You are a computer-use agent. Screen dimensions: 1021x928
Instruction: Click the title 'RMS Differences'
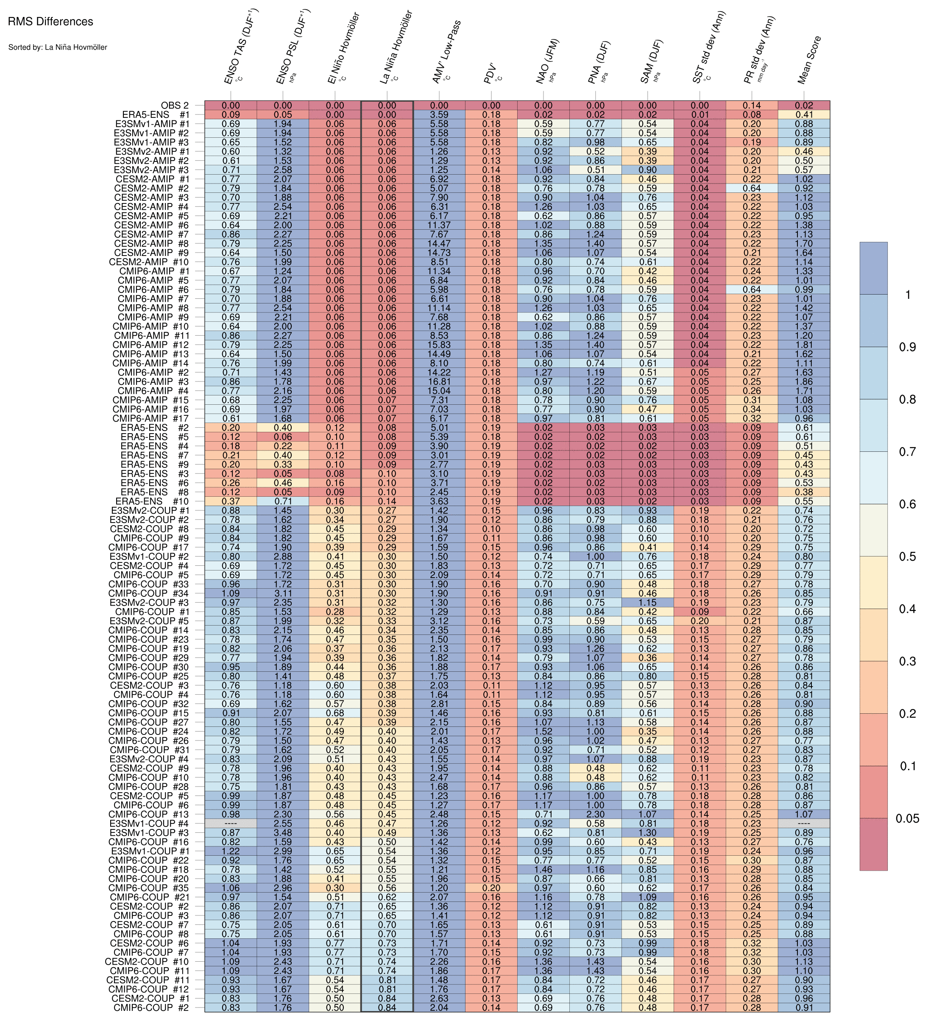click(50, 22)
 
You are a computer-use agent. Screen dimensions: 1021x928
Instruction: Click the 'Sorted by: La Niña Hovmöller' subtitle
click(58, 47)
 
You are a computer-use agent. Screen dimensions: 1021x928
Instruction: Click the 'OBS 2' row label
click(175, 106)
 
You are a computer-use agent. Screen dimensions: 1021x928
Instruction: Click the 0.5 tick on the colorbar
click(907, 556)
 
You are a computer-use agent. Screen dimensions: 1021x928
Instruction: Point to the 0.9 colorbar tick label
click(907, 347)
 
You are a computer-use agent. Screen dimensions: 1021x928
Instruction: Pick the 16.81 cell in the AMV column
click(439, 381)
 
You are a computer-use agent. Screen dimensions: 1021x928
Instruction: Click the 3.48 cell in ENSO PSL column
click(283, 832)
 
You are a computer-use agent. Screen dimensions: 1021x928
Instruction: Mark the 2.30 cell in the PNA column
click(595, 814)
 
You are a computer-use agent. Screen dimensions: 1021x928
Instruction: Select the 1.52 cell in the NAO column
click(543, 731)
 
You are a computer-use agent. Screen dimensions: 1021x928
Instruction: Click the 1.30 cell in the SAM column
click(647, 832)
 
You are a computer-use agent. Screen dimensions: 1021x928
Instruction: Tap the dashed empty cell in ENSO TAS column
click(231, 823)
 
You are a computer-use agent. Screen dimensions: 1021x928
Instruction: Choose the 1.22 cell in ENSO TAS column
click(231, 851)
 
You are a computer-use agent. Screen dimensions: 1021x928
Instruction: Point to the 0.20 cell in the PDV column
click(491, 888)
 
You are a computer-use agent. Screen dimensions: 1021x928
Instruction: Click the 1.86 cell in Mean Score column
click(804, 381)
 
